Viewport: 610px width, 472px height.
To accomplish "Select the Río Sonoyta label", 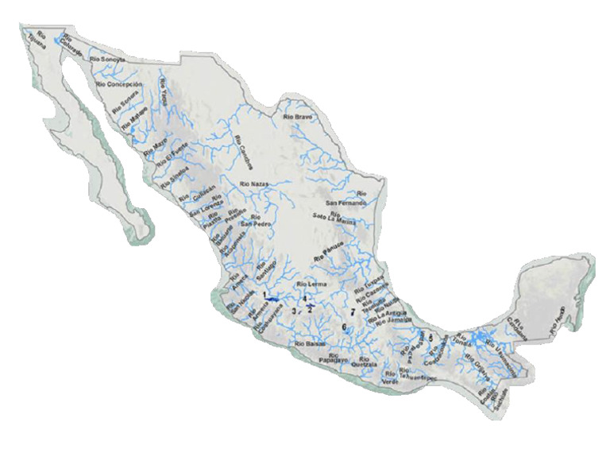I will click(109, 60).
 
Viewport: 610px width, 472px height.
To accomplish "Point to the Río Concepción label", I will click(118, 83).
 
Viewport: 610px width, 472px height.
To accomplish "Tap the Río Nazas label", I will click(254, 184).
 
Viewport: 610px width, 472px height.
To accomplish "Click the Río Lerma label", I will click(311, 284).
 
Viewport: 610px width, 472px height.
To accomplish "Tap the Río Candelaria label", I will click(520, 326).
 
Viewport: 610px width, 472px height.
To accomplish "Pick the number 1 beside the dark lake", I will click(264, 295).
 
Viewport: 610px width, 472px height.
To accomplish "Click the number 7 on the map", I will click(350, 310).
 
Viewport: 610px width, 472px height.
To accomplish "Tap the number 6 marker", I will click(343, 327).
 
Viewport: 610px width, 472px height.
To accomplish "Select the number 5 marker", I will click(430, 338).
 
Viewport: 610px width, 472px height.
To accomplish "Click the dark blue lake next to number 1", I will click(274, 299).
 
